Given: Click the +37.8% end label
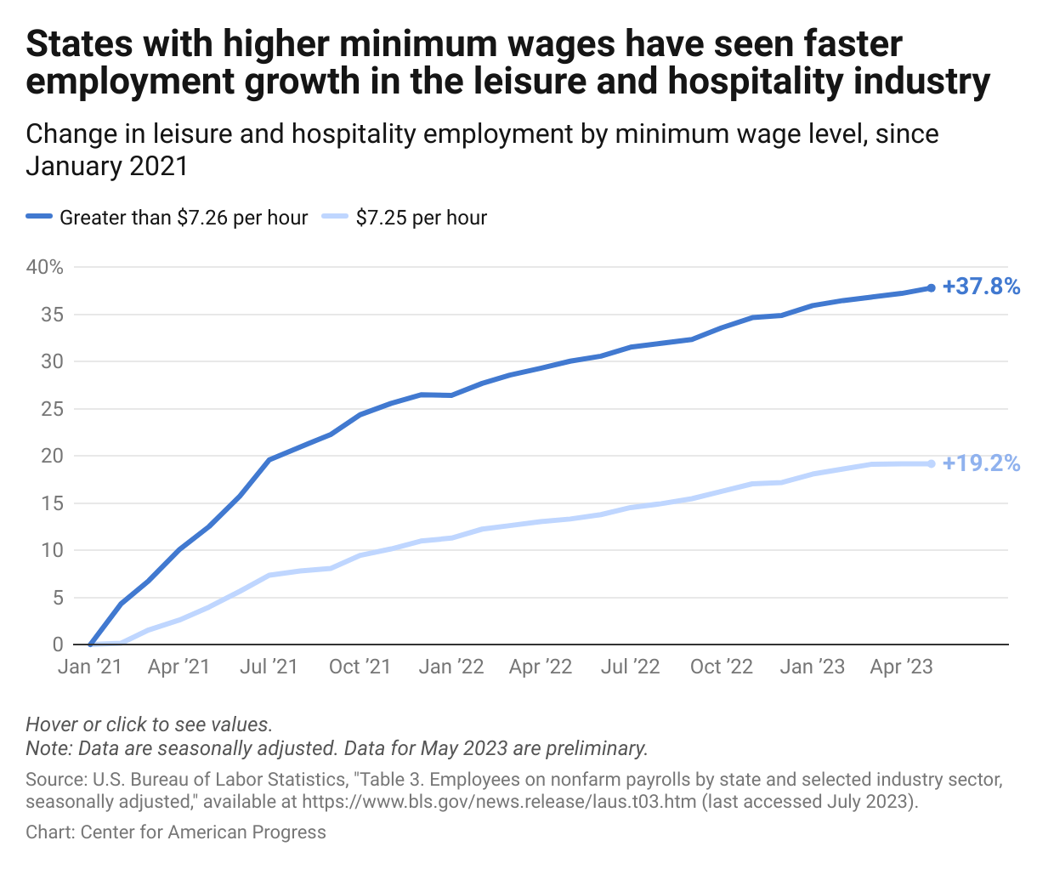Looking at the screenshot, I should [981, 287].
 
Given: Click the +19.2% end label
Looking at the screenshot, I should [981, 463].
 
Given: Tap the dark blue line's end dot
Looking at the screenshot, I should [931, 288].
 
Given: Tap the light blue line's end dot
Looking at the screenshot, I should [931, 463].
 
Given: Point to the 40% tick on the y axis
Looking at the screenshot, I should [45, 267].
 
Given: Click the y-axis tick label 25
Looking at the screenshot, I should [52, 409].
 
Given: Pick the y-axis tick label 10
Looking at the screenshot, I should [52, 550].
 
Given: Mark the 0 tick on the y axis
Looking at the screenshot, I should [57, 645].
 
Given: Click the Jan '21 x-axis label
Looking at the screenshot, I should [89, 667].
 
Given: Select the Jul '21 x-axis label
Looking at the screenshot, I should [269, 667].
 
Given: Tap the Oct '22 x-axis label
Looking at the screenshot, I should [721, 667].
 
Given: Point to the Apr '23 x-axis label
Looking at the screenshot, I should [901, 667].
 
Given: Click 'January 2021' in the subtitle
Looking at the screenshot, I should [106, 166].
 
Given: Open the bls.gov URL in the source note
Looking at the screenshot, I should [499, 802].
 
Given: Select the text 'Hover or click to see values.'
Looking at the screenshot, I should [149, 724].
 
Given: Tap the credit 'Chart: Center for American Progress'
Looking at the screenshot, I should [176, 832].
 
